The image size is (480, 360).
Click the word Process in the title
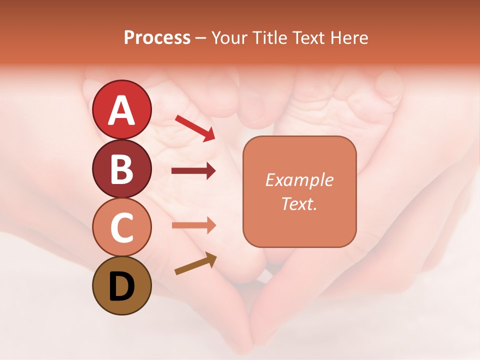coord(157,38)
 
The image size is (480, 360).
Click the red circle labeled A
coord(122,109)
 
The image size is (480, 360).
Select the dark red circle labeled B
coord(122,168)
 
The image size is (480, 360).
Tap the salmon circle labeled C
coord(122,227)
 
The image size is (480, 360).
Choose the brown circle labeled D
coord(122,285)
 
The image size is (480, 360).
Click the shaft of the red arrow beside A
coord(190,125)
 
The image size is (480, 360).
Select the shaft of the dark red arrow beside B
coord(187,171)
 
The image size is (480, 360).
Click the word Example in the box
coord(299,180)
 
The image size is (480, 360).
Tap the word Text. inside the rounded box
coord(299,203)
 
